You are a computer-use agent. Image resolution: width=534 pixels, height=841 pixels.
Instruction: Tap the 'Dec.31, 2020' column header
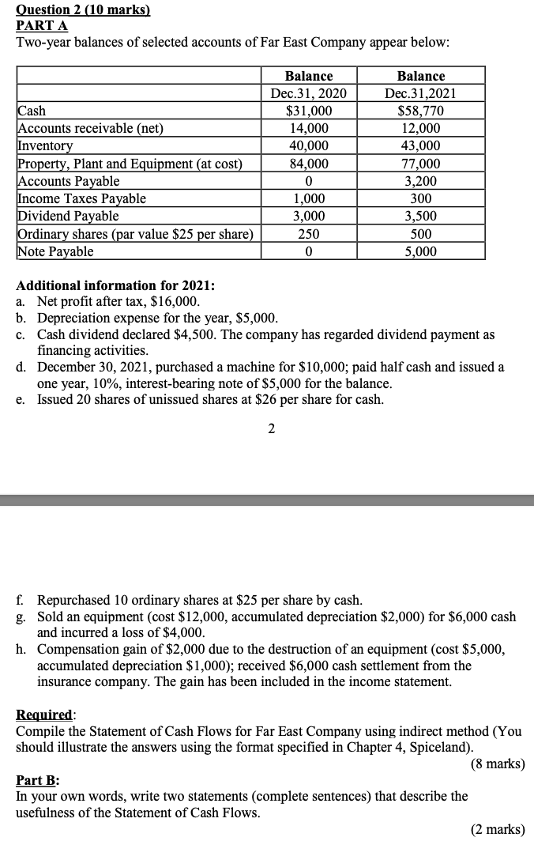pyautogui.click(x=308, y=93)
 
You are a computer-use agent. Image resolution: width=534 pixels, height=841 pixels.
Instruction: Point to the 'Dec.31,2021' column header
pyautogui.click(x=420, y=93)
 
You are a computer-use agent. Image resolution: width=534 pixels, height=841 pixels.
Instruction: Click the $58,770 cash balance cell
pyautogui.click(x=420, y=111)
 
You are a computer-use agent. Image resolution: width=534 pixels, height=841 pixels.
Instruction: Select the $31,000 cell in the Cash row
pyautogui.click(x=308, y=111)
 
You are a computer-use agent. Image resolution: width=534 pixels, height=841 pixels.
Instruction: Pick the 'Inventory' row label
pyautogui.click(x=45, y=146)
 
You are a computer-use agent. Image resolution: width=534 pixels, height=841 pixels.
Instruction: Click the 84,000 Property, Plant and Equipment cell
pyautogui.click(x=308, y=164)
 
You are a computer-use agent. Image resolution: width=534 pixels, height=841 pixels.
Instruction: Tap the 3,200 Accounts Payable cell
pyautogui.click(x=420, y=181)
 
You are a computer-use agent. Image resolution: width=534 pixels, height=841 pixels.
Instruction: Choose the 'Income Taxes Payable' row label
pyautogui.click(x=82, y=198)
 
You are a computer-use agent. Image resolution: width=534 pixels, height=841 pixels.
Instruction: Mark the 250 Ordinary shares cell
pyautogui.click(x=308, y=234)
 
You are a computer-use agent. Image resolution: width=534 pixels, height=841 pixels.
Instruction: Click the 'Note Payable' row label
pyautogui.click(x=55, y=251)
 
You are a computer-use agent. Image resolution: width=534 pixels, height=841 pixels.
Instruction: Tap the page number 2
pyautogui.click(x=271, y=429)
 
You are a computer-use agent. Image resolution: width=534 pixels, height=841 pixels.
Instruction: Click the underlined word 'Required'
pyautogui.click(x=44, y=715)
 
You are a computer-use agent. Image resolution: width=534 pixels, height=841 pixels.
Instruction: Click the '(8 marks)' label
pyautogui.click(x=497, y=764)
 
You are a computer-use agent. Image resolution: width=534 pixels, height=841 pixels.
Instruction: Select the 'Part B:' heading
pyautogui.click(x=38, y=780)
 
